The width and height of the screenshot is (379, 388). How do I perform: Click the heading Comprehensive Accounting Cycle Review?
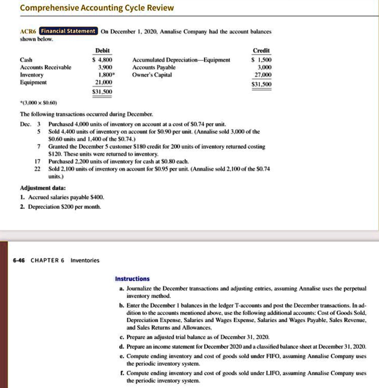[97, 8]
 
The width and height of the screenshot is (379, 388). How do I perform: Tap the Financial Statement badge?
[69, 31]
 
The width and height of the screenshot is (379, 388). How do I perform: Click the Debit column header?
[102, 51]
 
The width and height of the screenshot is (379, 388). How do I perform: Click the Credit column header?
[261, 51]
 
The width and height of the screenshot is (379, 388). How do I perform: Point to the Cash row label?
[26, 60]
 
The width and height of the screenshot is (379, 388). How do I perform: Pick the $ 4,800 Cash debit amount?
[103, 60]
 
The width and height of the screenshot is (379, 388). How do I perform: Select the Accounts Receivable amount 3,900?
[105, 67]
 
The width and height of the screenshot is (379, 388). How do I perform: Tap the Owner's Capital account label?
[152, 75]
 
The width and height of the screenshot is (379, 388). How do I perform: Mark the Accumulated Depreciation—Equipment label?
[181, 60]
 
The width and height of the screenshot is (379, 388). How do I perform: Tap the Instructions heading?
[132, 279]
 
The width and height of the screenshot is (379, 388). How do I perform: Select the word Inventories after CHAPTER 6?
[85, 260]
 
